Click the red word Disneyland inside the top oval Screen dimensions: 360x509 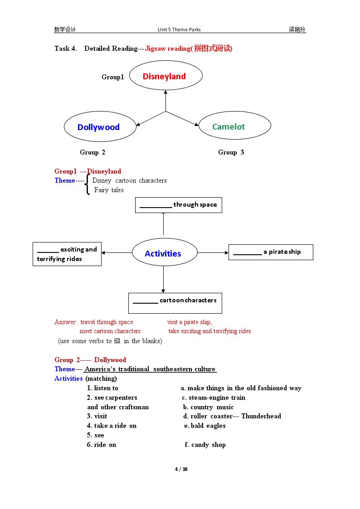coord(164,76)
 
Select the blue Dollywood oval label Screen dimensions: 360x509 coord(98,127)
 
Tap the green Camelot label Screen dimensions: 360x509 coord(229,126)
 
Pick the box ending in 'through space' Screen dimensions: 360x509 coord(179,205)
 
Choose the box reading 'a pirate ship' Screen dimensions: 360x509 coord(271,252)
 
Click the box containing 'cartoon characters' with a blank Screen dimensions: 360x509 coord(175,303)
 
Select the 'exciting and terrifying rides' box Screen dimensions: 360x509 coord(67,254)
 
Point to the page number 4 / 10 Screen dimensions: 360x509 coord(181,469)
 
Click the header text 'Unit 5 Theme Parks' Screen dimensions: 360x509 coord(179,29)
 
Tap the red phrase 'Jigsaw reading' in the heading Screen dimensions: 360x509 coord(168,48)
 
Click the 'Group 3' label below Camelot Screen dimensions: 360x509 coord(231,152)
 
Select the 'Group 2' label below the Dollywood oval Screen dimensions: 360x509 coord(92,152)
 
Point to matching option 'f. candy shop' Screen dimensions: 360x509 coord(205,445)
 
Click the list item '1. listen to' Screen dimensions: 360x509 coord(102,388)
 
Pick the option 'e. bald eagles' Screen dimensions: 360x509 coord(205,426)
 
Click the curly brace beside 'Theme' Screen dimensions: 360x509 coord(87,184)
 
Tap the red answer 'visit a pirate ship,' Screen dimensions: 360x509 coord(190,322)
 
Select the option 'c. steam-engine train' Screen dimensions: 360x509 coord(214,398)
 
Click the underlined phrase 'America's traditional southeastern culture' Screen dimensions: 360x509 coord(150,369)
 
